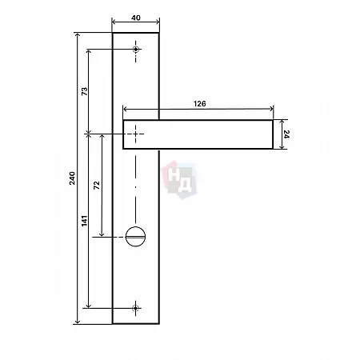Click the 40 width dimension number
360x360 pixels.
[x=136, y=18]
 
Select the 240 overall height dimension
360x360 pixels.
[x=72, y=178]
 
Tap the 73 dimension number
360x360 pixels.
[x=84, y=91]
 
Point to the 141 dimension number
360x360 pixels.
[x=84, y=221]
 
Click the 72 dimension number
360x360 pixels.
[x=97, y=185]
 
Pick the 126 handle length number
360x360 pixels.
[x=199, y=103]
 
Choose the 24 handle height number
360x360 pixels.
[x=286, y=134]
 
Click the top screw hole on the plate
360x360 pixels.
[x=136, y=50]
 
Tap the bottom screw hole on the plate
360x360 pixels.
[x=135, y=308]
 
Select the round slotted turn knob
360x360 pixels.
[x=135, y=237]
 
